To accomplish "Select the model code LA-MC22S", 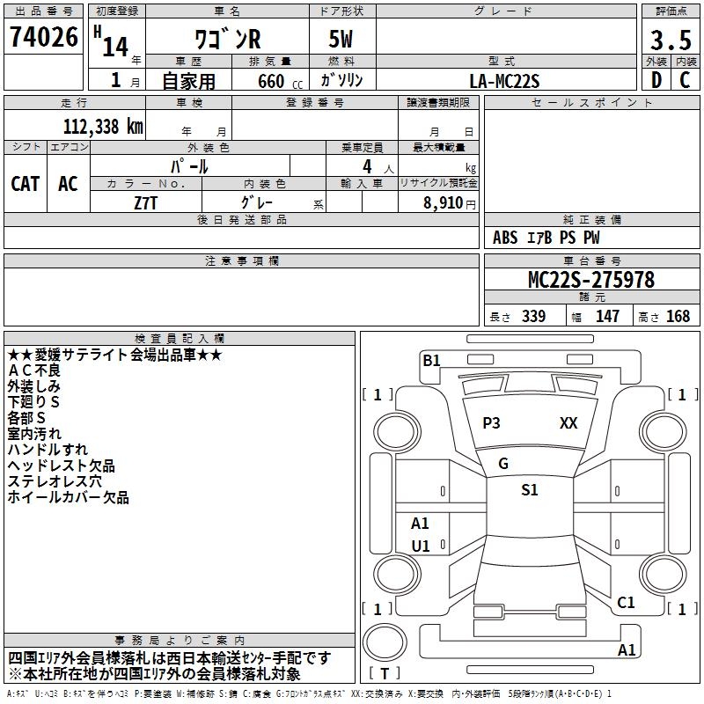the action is (x=505, y=80).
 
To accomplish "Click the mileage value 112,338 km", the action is (x=103, y=126).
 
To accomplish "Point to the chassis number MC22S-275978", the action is (x=590, y=280).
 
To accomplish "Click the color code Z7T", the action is (x=146, y=202).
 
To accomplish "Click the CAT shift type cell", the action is (x=25, y=183).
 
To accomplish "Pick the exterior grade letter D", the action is (x=656, y=80).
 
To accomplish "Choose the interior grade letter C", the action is (x=684, y=80).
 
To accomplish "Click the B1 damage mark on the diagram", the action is (x=431, y=360).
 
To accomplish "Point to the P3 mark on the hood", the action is (x=491, y=423).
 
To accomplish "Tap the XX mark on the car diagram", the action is (x=568, y=423).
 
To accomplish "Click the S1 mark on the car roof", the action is (x=529, y=490).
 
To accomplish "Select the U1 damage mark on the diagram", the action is (x=421, y=546).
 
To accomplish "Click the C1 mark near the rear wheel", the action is (x=626, y=603).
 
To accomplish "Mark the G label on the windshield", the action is (x=503, y=464).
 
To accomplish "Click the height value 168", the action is (x=678, y=316).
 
